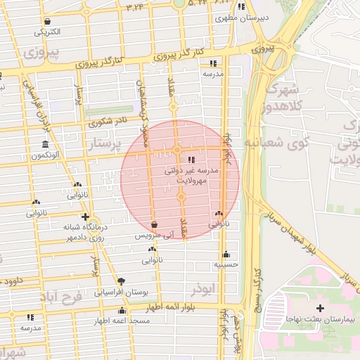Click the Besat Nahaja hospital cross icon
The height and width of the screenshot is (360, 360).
pyautogui.click(x=321, y=308)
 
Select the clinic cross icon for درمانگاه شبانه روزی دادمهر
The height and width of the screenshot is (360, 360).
pyautogui.click(x=85, y=217)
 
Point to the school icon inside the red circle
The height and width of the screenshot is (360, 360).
pyautogui.click(x=193, y=160)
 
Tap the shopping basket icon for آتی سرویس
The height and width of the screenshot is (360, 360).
pyautogui.click(x=154, y=225)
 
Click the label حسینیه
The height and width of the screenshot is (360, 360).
pyautogui.click(x=226, y=265)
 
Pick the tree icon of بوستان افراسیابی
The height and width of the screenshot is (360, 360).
pyautogui.click(x=121, y=281)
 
